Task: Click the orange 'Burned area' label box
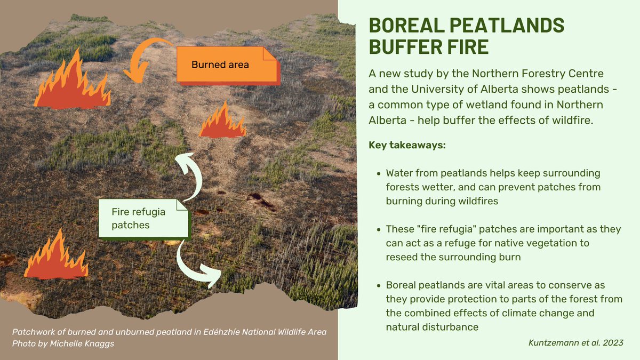(227, 65)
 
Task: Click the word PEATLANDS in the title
(505, 26)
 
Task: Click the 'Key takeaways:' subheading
(407, 145)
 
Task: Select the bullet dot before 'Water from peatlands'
(378, 174)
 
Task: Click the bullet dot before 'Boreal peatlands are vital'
(378, 285)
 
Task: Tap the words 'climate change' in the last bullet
(565, 313)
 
